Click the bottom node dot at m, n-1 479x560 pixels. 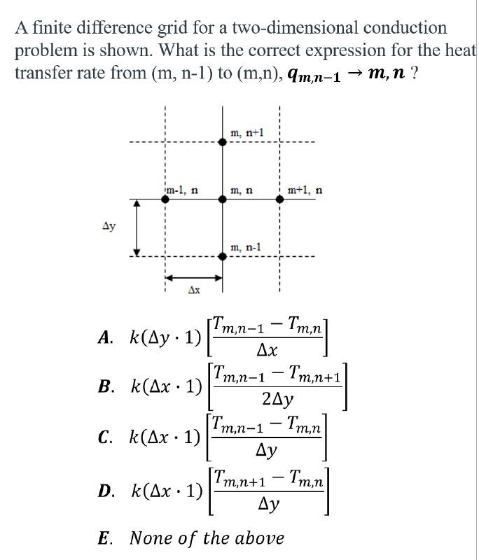click(x=223, y=256)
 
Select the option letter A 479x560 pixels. click(x=105, y=337)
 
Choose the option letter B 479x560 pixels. click(x=105, y=386)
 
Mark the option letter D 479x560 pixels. click(x=105, y=491)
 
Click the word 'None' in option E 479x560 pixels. click(x=151, y=538)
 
